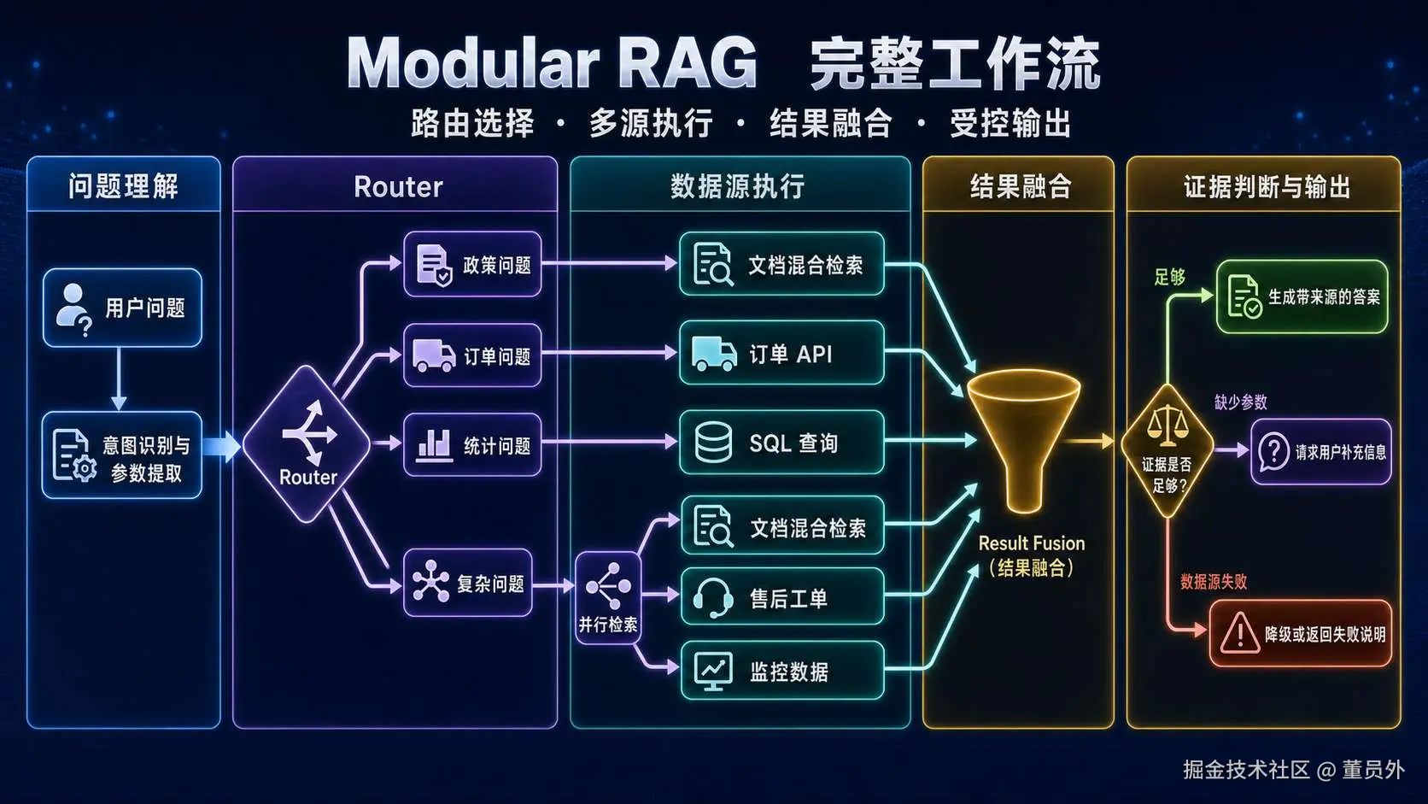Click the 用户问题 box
click(122, 308)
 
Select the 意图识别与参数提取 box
click(122, 455)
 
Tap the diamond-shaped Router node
click(307, 444)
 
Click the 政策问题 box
click(472, 264)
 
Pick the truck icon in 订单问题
click(434, 355)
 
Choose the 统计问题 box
click(472, 444)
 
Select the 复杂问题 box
click(468, 583)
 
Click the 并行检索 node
click(608, 597)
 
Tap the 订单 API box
click(782, 353)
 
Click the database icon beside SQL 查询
click(713, 442)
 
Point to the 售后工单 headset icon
click(713, 597)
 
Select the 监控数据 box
click(783, 671)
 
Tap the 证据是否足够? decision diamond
click(1168, 451)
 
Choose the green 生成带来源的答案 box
click(1302, 296)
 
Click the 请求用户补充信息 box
click(1321, 451)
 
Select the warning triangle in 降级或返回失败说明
click(1240, 633)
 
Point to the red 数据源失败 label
click(1214, 582)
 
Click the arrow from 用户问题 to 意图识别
click(120, 379)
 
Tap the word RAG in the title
click(688, 63)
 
